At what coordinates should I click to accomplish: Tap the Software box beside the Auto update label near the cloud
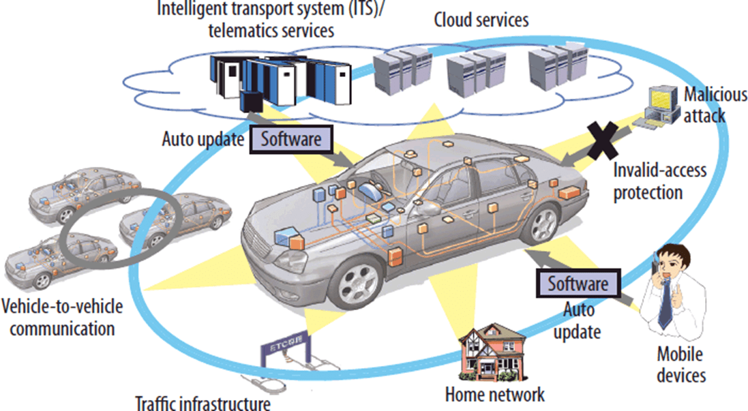point(291,140)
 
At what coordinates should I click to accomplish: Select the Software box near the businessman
point(578,283)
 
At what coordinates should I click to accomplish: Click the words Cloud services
point(481,20)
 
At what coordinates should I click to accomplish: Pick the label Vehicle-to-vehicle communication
point(63,317)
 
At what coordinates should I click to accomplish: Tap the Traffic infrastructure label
point(203,402)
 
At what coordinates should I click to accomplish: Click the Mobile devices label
point(681,364)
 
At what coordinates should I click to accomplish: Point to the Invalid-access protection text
point(650,181)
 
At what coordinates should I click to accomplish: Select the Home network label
point(494,394)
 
